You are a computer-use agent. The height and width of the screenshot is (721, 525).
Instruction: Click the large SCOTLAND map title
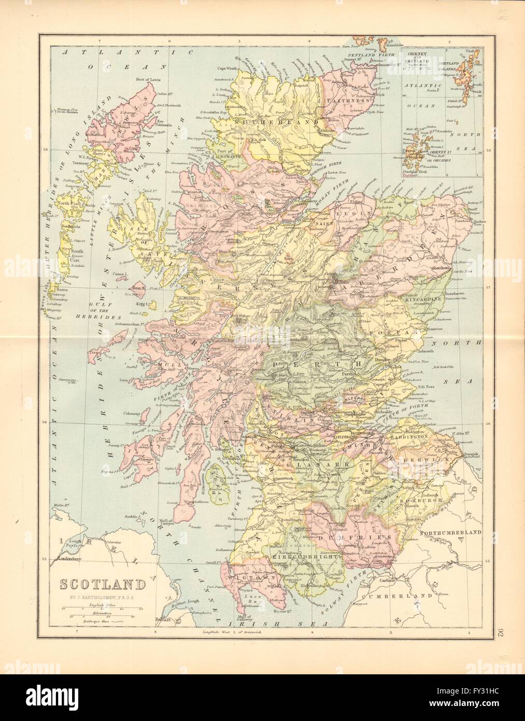point(102,585)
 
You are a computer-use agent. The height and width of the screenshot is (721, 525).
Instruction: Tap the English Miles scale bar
point(102,608)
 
